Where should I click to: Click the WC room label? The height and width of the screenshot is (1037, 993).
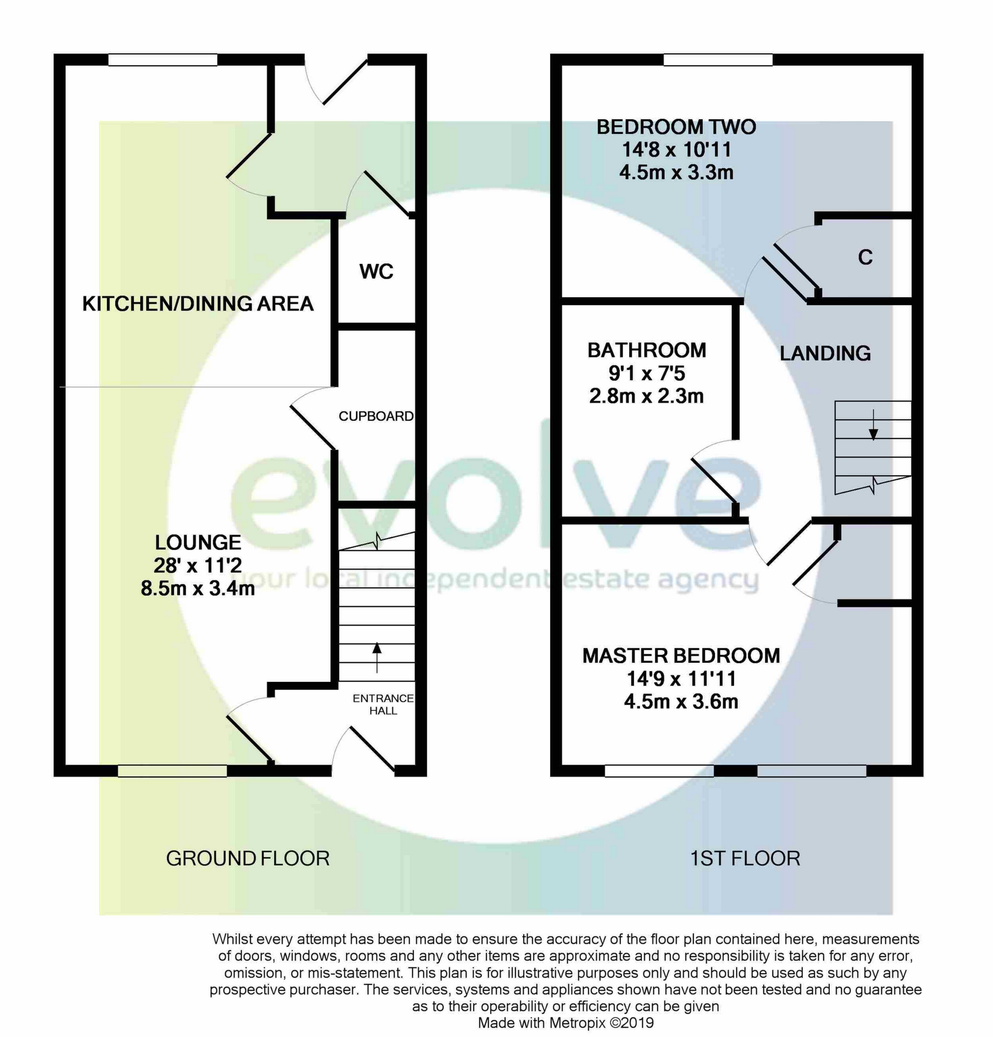tap(376, 271)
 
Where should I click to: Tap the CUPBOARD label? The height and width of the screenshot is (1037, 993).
tap(376, 416)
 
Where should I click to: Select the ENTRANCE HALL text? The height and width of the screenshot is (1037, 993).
tap(383, 704)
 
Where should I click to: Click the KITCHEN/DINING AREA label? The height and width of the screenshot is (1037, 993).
tap(198, 304)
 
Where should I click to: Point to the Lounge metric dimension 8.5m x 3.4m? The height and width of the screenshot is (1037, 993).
tap(198, 588)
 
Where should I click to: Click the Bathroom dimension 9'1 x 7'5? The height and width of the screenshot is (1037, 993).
tap(646, 373)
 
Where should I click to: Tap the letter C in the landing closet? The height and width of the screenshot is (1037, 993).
tap(865, 257)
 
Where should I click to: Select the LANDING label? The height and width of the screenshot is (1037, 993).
tap(825, 353)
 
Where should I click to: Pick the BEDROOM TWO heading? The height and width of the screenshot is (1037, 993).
tap(676, 127)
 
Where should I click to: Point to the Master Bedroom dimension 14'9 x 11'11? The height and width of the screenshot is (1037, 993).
tap(681, 679)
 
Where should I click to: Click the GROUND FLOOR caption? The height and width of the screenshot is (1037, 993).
tap(248, 858)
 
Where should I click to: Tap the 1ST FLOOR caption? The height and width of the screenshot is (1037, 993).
tap(745, 858)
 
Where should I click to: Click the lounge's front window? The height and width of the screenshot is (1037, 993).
tap(172, 771)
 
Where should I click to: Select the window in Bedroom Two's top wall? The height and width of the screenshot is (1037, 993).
tap(718, 60)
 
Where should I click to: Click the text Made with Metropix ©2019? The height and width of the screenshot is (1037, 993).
tap(565, 1023)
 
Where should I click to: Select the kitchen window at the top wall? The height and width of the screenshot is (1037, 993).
tap(162, 60)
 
